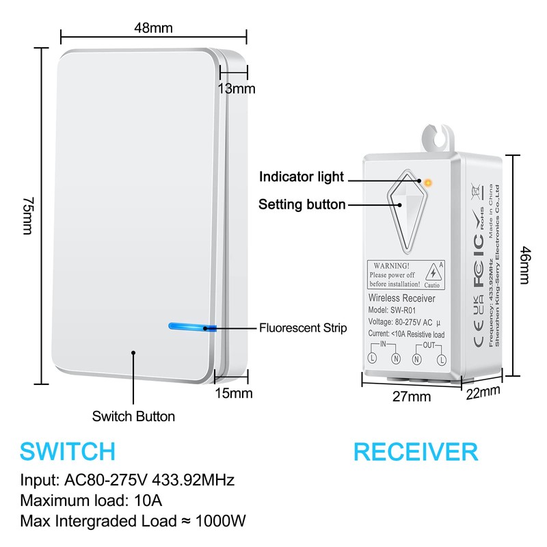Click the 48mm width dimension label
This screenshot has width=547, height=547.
tap(153, 28)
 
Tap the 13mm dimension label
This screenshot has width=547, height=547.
tap(236, 89)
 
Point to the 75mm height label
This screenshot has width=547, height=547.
tap(28, 216)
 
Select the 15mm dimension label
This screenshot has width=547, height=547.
tap(234, 393)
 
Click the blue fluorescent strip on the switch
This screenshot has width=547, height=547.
tap(192, 327)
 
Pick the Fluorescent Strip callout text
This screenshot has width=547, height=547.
tap(302, 328)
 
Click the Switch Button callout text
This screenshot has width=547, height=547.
tap(133, 416)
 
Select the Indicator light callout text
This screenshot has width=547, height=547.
tap(301, 177)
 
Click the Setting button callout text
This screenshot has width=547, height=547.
tap(302, 204)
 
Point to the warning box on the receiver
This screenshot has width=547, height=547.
tap(405, 274)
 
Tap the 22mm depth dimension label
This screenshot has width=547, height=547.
tap(483, 392)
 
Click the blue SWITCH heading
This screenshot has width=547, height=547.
tap(67, 451)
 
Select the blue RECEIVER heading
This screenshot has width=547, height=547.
tap(415, 451)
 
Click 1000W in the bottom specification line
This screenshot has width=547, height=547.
tap(220, 521)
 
